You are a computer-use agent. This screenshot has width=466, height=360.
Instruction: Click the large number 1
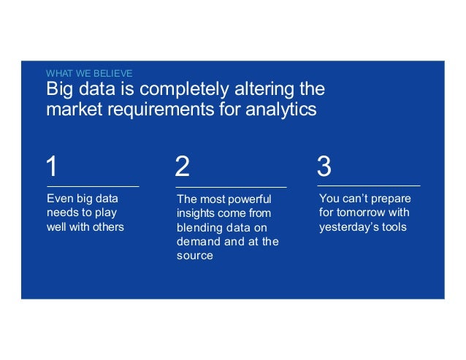pyautogui.click(x=51, y=166)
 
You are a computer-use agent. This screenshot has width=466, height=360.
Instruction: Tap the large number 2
pyautogui.click(x=183, y=166)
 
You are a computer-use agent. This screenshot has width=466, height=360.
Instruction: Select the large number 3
pyautogui.click(x=324, y=166)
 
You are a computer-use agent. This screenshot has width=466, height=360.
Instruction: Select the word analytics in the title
pyautogui.click(x=280, y=110)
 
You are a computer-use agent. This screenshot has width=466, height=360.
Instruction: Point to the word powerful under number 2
pyautogui.click(x=248, y=199)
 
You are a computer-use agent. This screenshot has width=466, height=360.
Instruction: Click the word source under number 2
pyautogui.click(x=194, y=256)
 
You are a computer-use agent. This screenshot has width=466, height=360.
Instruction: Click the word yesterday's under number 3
pyautogui.click(x=348, y=226)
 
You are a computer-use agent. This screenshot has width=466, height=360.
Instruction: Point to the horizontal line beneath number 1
pyautogui.click(x=93, y=187)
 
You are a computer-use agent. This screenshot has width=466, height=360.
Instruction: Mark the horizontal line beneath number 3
pyautogui.click(x=368, y=187)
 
